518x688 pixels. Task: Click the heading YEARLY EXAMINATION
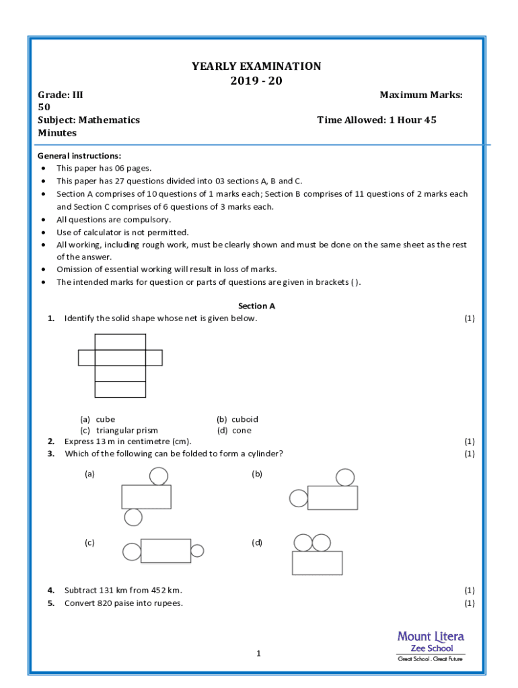[x=256, y=66]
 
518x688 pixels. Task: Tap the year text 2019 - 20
[x=256, y=81]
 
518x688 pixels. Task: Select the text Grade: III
[x=61, y=95]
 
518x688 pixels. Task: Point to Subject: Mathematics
[x=89, y=120]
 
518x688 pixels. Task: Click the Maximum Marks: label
[x=421, y=95]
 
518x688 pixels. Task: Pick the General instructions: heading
[x=79, y=155]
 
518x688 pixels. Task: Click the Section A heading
[x=256, y=306]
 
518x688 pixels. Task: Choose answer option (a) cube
[x=98, y=419]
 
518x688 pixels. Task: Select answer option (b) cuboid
[x=237, y=419]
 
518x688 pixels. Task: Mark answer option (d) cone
[x=234, y=431]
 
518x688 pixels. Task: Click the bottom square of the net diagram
[x=120, y=390]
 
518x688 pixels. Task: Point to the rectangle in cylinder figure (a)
[x=146, y=497]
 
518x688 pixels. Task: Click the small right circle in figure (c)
[x=197, y=551]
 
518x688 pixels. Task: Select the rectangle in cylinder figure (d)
[x=317, y=563]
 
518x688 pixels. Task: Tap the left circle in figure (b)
[x=298, y=499]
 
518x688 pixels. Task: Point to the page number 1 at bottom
[x=258, y=654]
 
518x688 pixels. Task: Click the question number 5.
[x=51, y=603]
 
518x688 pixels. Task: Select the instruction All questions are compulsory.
[x=114, y=220]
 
